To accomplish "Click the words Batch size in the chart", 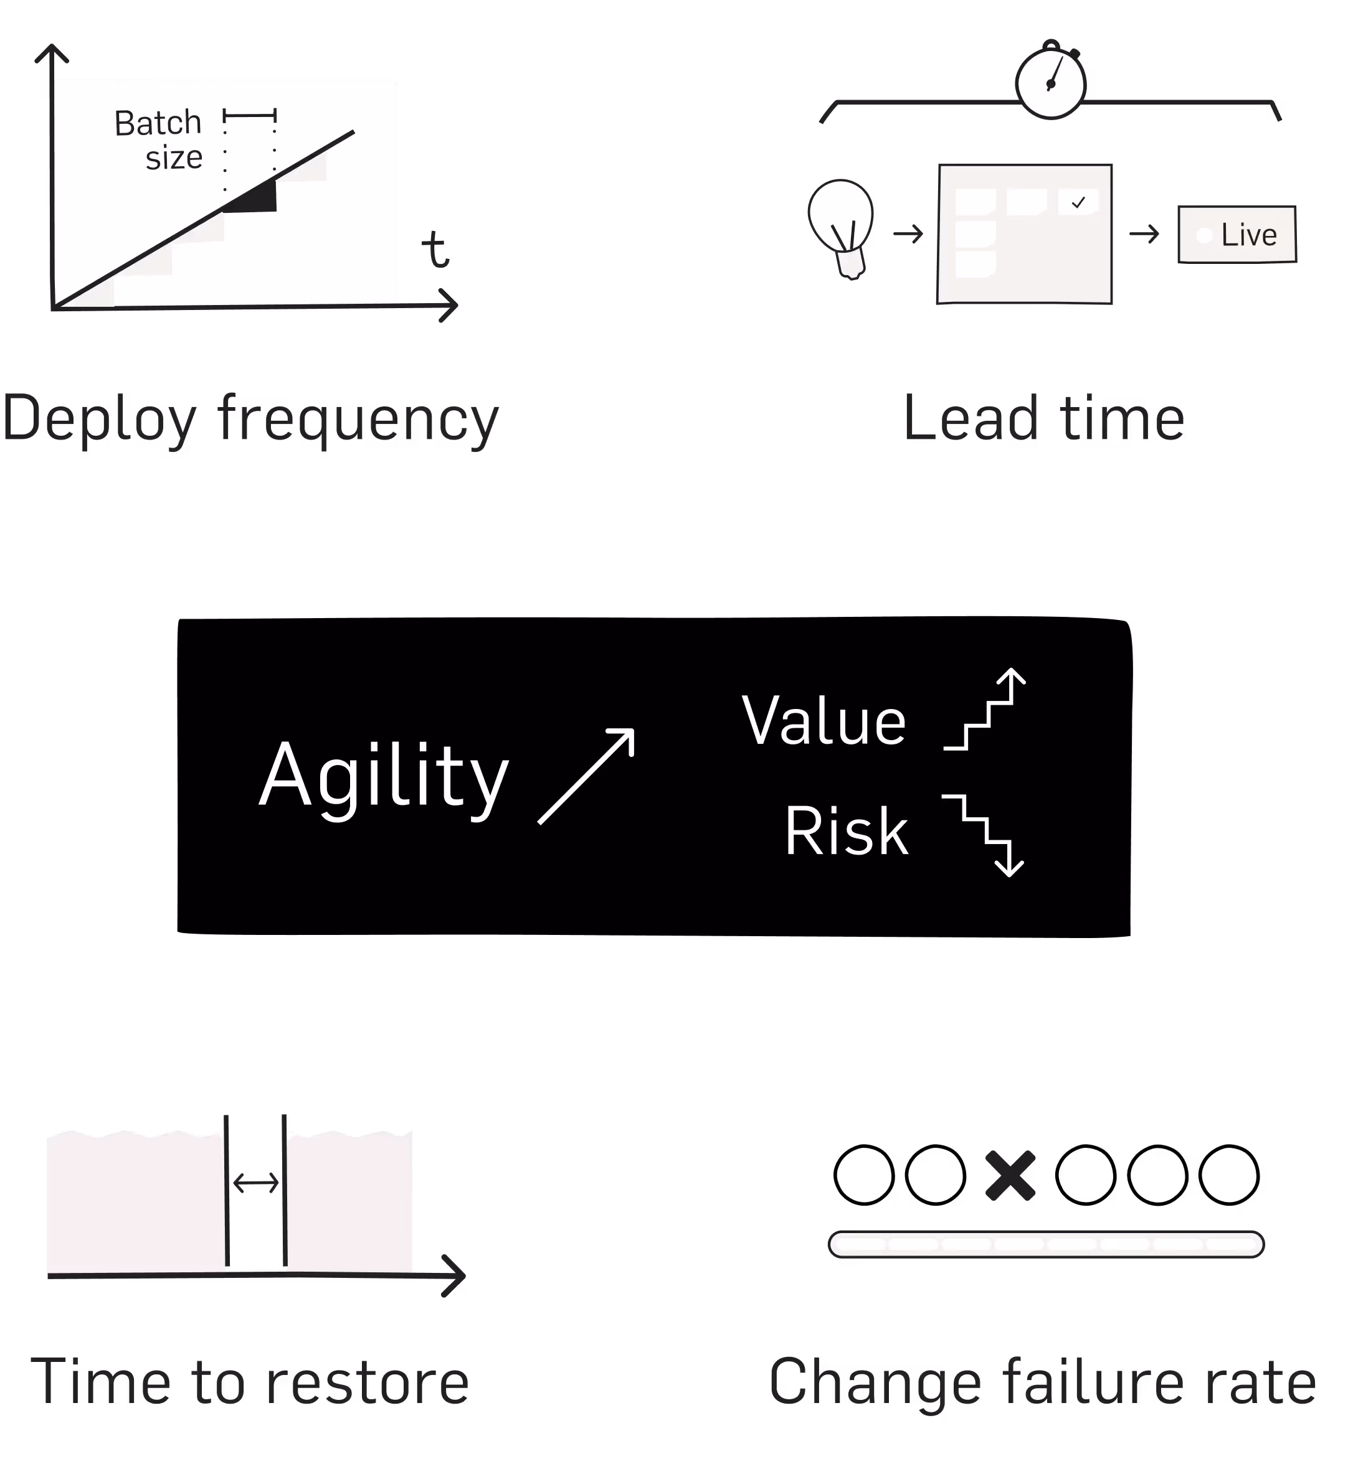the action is (x=159, y=140).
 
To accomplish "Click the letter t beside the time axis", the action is (x=435, y=250).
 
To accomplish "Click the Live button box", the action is (x=1237, y=234).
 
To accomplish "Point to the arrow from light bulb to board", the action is (x=908, y=234).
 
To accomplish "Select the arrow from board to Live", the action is (x=1144, y=234).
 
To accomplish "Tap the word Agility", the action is (x=384, y=776).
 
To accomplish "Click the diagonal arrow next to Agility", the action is (x=586, y=776).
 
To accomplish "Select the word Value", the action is (x=824, y=720).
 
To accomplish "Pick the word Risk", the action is (x=846, y=831).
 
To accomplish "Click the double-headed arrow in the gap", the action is (x=255, y=1183).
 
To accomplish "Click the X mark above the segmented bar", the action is (x=1010, y=1175).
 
